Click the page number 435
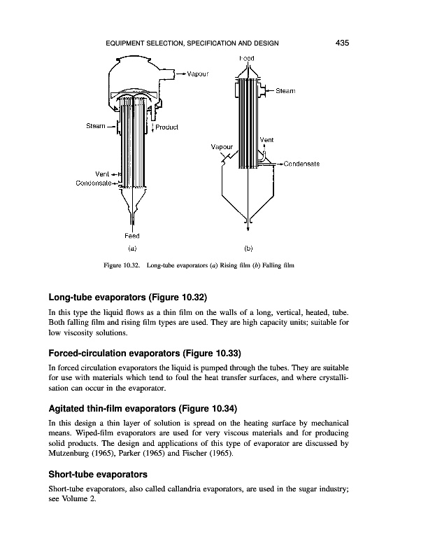342,43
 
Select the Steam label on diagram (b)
285,91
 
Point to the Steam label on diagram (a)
96,126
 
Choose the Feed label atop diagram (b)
247,57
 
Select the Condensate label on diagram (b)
301,164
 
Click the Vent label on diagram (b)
266,140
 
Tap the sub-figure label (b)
248,248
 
